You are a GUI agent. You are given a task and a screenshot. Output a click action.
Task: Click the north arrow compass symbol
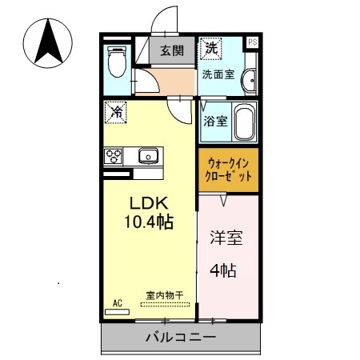point(48,43)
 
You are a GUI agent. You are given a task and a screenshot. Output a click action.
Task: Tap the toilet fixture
point(117,62)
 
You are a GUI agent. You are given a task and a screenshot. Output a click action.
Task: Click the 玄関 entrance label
point(172,50)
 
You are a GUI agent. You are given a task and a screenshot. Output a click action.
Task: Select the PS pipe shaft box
point(253,42)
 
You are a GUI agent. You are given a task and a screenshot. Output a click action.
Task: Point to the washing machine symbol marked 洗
point(211,48)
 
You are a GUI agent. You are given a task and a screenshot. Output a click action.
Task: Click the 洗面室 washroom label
point(218,74)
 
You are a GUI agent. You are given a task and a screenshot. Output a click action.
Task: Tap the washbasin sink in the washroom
point(250,80)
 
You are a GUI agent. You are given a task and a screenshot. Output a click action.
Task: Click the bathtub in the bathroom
point(245,122)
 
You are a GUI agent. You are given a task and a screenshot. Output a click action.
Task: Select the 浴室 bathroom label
point(215,122)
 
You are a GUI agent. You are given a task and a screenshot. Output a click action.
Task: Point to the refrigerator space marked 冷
point(115,112)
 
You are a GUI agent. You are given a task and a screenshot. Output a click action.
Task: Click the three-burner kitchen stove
point(113,156)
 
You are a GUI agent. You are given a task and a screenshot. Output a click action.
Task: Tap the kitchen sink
point(148,156)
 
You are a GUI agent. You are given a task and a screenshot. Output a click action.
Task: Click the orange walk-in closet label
point(228,170)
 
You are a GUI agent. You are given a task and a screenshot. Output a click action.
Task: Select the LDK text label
point(149,203)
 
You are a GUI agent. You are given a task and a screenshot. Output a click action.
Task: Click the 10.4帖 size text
point(149,222)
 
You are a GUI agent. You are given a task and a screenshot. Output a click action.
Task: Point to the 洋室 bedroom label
point(226,238)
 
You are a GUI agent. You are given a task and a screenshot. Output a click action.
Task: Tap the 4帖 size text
point(223,270)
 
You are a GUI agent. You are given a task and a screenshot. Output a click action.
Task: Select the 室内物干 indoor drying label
point(165,295)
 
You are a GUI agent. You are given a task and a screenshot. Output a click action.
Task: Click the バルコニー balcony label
point(181,338)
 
